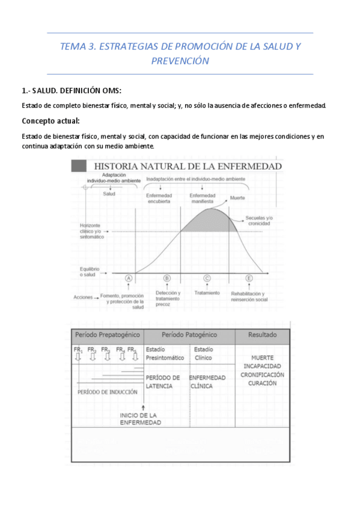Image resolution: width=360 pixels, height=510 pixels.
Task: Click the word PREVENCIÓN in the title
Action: click(x=180, y=61)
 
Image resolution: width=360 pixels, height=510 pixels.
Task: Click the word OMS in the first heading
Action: click(x=109, y=91)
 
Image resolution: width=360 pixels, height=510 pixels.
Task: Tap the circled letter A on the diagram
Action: click(x=128, y=278)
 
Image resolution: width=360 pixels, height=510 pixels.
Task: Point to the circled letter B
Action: click(x=166, y=278)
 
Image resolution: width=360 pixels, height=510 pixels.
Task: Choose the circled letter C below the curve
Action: click(x=207, y=278)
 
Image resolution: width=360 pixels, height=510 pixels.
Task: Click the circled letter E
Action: click(x=249, y=278)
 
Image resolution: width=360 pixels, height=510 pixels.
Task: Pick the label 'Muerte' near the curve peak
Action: click(x=237, y=197)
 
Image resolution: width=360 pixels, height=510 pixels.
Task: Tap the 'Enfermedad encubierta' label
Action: click(x=159, y=198)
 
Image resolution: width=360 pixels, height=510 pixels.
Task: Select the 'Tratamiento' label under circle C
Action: click(x=207, y=293)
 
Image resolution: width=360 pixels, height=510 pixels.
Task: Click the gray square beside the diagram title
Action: click(x=78, y=165)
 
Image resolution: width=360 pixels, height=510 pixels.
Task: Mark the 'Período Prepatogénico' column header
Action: click(x=108, y=334)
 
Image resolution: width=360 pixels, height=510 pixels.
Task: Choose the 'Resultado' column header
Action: click(x=263, y=334)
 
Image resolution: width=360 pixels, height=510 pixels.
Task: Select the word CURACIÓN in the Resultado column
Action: click(x=263, y=382)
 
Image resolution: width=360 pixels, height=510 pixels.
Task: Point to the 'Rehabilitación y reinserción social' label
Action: click(x=249, y=296)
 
